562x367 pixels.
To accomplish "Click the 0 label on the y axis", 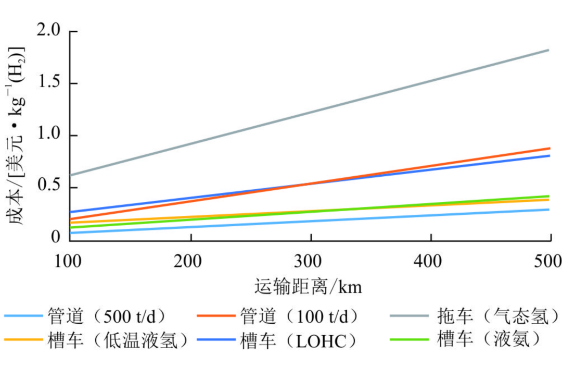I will coord(56,238).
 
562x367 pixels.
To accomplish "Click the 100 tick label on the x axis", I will coord(68,259).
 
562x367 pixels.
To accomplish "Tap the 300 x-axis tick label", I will coord(311,259).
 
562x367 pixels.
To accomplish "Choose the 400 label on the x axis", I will coord(431,259).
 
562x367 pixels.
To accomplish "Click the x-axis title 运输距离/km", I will coord(308,287).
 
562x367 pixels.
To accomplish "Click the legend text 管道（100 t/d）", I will coord(300,316).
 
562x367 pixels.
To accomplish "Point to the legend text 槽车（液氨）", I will coord(489,340).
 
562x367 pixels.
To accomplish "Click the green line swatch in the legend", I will coord(409,340).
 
